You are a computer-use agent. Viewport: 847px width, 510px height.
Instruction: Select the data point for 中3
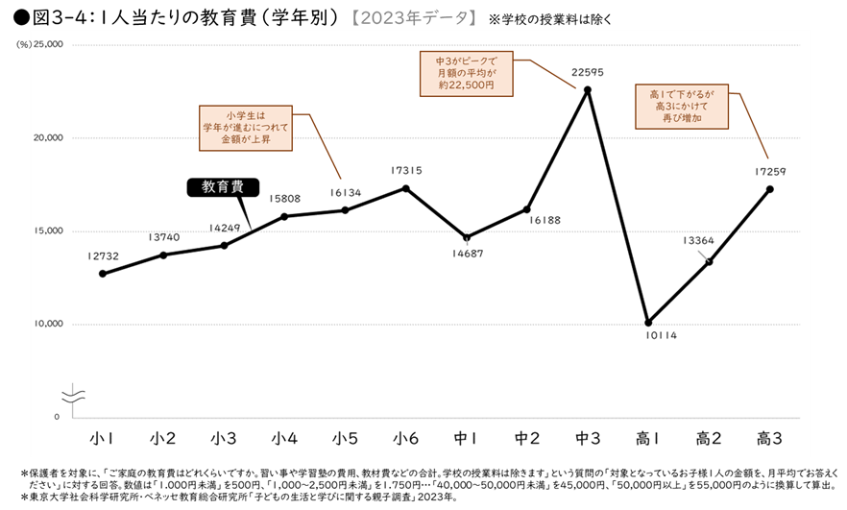click(588, 89)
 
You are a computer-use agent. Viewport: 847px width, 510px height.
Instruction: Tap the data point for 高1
click(648, 322)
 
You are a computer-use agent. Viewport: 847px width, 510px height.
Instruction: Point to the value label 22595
click(588, 71)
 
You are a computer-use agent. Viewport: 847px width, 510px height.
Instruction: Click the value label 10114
click(661, 336)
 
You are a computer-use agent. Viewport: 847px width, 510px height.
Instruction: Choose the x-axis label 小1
click(103, 438)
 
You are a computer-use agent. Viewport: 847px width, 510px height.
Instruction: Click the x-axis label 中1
click(467, 438)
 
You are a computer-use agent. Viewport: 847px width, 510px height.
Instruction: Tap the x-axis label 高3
click(769, 438)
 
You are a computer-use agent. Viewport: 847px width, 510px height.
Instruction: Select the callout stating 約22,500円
click(466, 73)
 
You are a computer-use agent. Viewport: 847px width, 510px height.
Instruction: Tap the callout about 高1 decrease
click(682, 107)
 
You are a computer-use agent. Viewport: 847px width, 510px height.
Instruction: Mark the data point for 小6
click(405, 188)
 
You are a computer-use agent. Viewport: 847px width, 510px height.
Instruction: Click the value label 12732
click(103, 255)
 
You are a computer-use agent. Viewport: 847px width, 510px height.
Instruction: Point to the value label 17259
click(768, 171)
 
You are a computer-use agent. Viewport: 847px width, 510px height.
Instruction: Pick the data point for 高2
click(709, 261)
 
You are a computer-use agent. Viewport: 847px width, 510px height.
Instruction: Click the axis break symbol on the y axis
click(73, 395)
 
